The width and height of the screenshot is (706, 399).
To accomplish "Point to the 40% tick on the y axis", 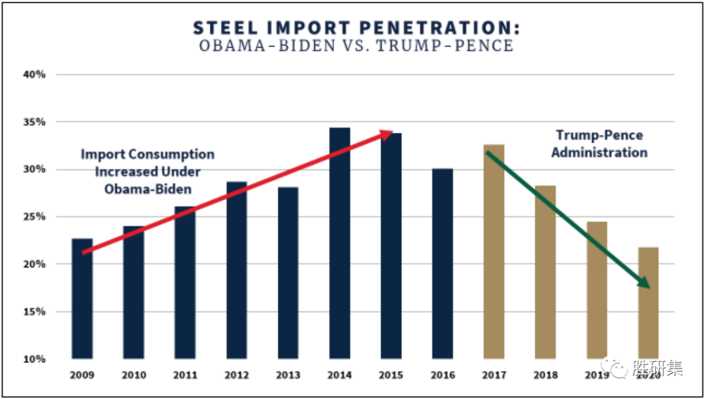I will [x=36, y=75].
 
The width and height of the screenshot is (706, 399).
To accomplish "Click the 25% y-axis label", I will [x=36, y=217].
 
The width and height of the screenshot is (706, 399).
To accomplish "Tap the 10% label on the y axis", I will [x=36, y=359].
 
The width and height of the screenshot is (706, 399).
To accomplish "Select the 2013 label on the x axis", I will [x=288, y=375].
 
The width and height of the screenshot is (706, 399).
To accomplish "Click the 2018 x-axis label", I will [x=545, y=375].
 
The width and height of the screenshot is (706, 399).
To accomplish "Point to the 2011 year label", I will [x=186, y=375].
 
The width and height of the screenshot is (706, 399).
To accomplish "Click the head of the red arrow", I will [x=387, y=134].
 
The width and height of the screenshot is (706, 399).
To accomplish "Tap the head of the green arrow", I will [x=644, y=282].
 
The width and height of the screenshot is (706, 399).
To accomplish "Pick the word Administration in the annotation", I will [x=599, y=152].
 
